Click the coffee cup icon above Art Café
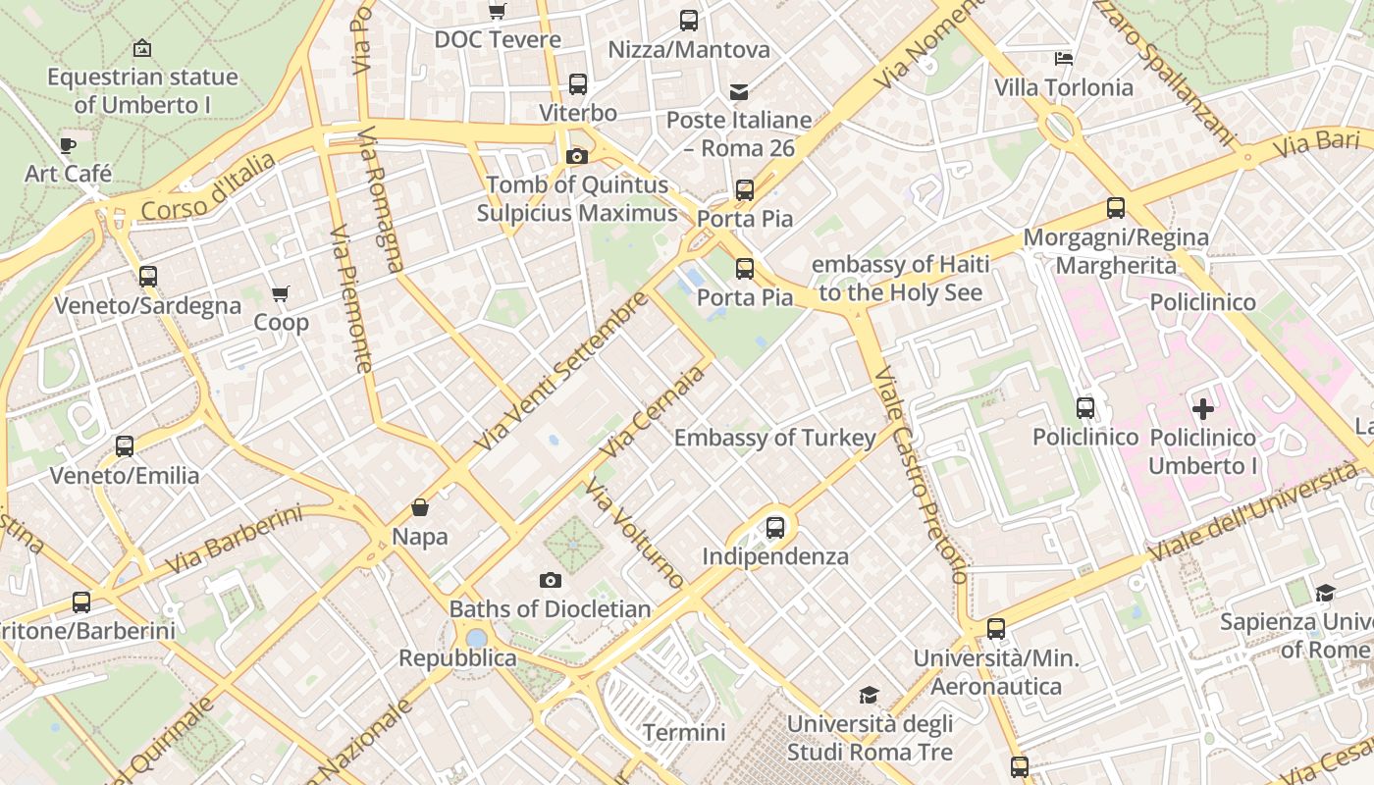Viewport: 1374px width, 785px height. [x=67, y=146]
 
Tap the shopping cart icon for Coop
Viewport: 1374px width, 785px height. [x=281, y=293]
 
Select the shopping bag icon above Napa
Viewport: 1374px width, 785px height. [x=420, y=507]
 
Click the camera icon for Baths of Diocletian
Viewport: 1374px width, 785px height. [x=551, y=580]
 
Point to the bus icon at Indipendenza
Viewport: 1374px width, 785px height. [x=775, y=528]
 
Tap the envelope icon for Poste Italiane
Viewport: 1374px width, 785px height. [x=739, y=91]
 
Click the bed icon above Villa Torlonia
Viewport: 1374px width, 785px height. [x=1063, y=59]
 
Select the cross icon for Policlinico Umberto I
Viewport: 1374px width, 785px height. [x=1202, y=408]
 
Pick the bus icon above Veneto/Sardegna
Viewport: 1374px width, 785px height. [x=148, y=277]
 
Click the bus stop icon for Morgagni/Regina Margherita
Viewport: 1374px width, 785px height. [x=1116, y=208]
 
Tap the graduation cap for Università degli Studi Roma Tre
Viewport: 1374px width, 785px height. [x=869, y=696]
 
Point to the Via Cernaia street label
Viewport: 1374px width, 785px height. [x=655, y=411]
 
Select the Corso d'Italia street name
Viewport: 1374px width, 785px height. [x=208, y=186]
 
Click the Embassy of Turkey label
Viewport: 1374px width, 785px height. [x=774, y=438]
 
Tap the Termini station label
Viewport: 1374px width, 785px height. [x=684, y=732]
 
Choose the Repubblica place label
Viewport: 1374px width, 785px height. [x=457, y=657]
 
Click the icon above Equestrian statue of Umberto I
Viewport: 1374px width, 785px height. [x=142, y=48]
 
